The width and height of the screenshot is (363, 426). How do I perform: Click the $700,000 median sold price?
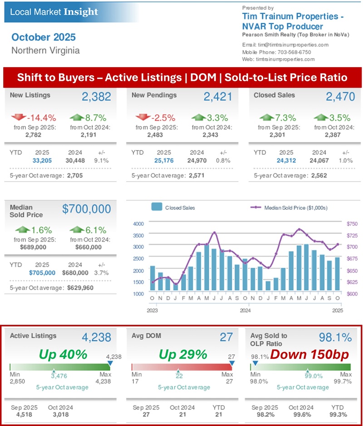pos(86,209)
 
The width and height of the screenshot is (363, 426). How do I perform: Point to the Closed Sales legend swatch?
pos(157,208)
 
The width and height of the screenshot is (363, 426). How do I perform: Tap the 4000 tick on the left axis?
pos(138,224)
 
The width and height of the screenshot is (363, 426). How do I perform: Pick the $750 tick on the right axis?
pos(352,224)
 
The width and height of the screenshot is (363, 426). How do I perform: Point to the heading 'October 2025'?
pos(44,37)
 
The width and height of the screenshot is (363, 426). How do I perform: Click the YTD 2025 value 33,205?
pos(43,160)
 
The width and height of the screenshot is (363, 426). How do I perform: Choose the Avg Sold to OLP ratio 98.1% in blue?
pos(335,337)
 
